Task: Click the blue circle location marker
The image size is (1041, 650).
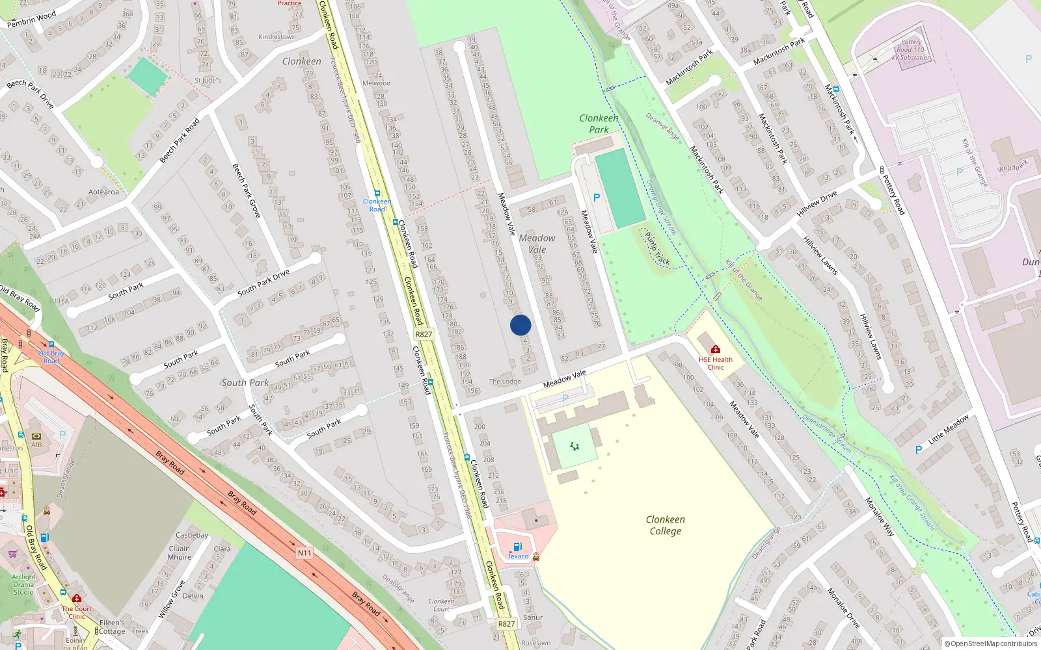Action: click(x=520, y=325)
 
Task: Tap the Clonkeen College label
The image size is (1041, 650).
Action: click(x=665, y=525)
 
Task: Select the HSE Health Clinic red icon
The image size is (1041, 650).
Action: click(x=716, y=349)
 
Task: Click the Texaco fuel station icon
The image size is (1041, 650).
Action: click(x=517, y=547)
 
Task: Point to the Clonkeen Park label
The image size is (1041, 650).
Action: click(x=599, y=123)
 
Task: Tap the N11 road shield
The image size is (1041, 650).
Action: click(x=304, y=552)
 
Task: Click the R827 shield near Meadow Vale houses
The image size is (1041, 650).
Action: click(x=424, y=334)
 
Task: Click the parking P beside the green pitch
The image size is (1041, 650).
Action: click(x=596, y=198)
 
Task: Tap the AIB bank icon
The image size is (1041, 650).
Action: click(x=36, y=436)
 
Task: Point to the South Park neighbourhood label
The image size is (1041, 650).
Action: click(x=245, y=383)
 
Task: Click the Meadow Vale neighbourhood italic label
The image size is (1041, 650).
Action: click(x=537, y=244)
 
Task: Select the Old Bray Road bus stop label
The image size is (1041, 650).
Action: click(x=51, y=357)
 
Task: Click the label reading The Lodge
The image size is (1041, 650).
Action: click(x=505, y=382)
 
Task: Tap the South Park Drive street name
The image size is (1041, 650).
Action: click(x=264, y=283)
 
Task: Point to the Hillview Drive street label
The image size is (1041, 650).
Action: click(x=817, y=204)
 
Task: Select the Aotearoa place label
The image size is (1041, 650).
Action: click(x=103, y=192)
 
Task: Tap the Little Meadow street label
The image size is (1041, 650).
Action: click(x=948, y=429)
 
